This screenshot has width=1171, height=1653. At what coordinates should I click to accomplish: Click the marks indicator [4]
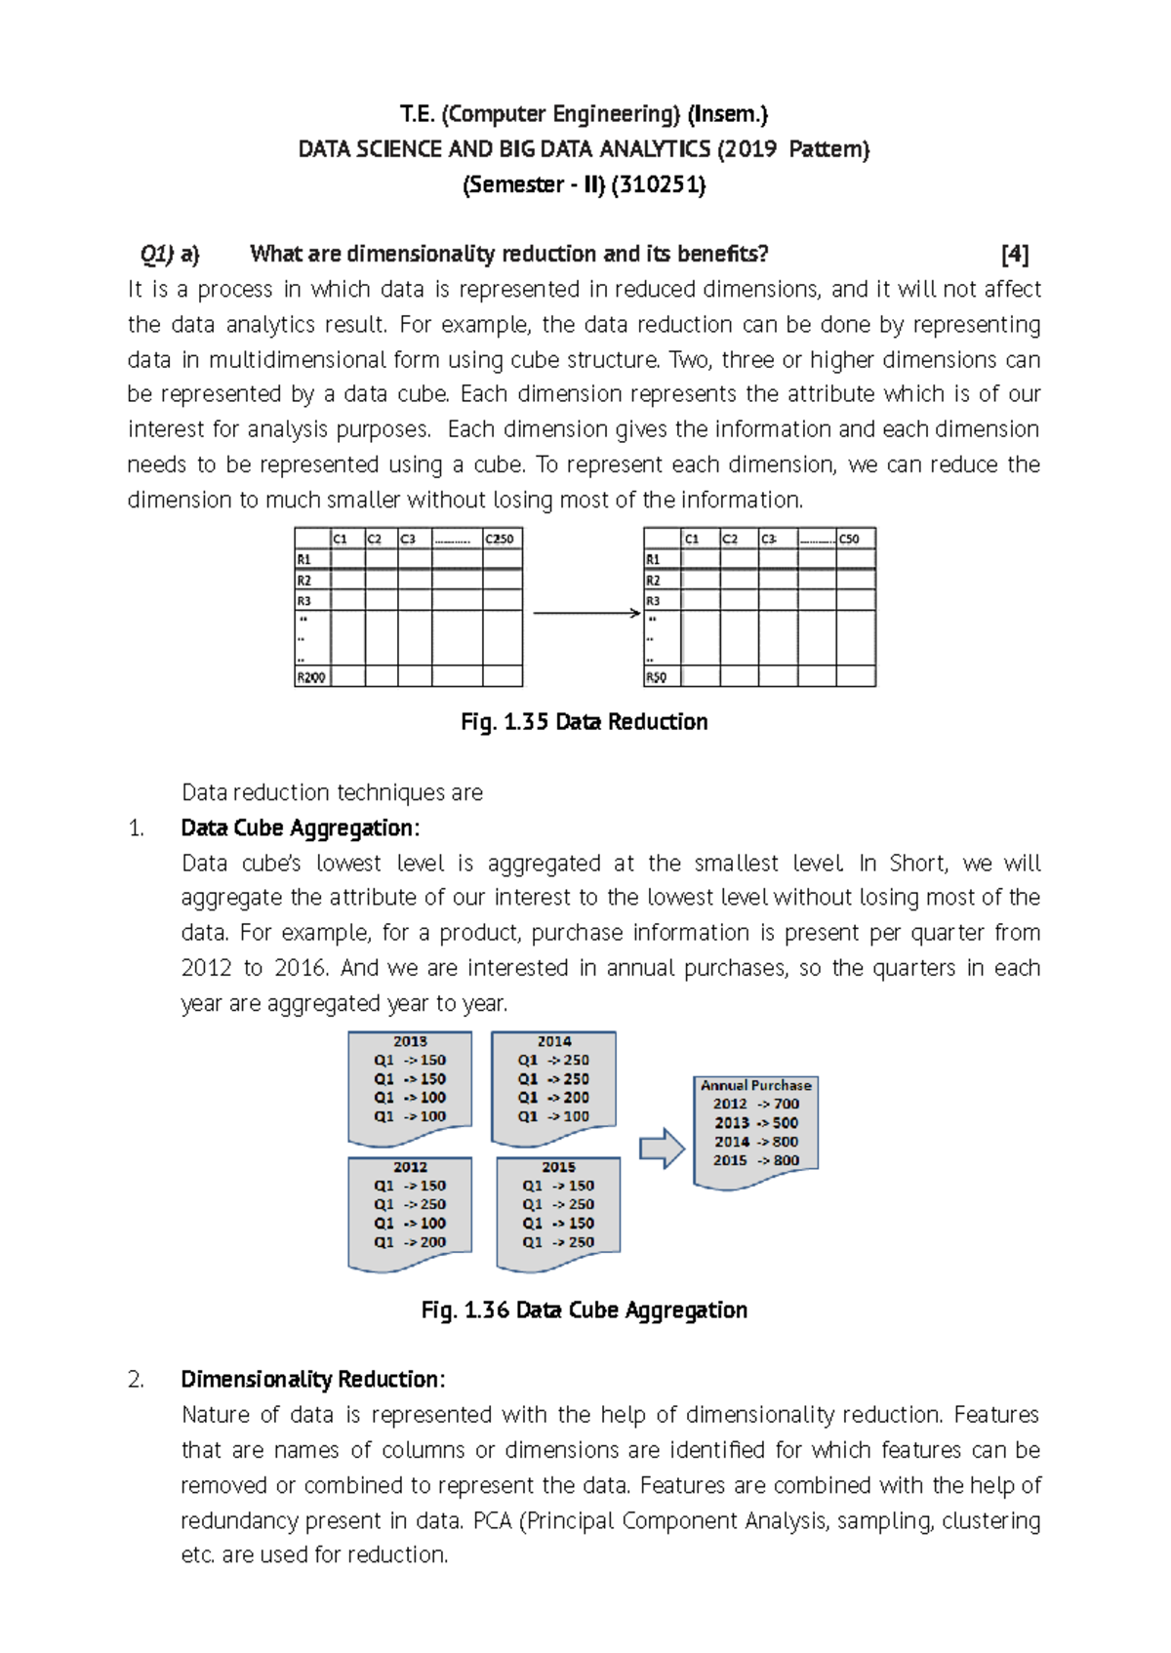click(1015, 255)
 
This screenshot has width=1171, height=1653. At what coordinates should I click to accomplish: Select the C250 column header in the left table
click(501, 539)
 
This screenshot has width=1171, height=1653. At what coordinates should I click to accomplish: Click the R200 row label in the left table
click(311, 676)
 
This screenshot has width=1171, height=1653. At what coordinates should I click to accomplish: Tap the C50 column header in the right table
click(850, 539)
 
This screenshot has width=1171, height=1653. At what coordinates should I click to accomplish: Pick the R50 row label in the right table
click(656, 676)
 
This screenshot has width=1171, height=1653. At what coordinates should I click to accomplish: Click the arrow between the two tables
click(585, 613)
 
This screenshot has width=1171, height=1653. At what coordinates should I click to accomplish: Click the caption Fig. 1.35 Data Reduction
click(584, 722)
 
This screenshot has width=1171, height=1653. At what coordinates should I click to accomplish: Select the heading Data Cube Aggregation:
click(300, 827)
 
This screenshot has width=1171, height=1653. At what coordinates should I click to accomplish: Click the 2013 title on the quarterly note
click(410, 1041)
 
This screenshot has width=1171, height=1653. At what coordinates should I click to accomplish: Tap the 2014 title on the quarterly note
click(553, 1041)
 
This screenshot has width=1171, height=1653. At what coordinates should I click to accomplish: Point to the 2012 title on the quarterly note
click(410, 1167)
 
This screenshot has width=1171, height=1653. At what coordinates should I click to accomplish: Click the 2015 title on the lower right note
click(558, 1167)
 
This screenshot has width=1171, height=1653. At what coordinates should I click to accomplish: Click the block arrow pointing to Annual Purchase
click(662, 1149)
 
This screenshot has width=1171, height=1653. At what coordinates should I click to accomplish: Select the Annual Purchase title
click(755, 1085)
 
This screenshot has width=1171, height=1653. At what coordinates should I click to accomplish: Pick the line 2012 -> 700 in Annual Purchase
click(755, 1104)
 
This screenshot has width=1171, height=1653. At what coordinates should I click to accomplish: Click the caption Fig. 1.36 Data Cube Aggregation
click(584, 1310)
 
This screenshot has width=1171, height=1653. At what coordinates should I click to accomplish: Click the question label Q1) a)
click(170, 255)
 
